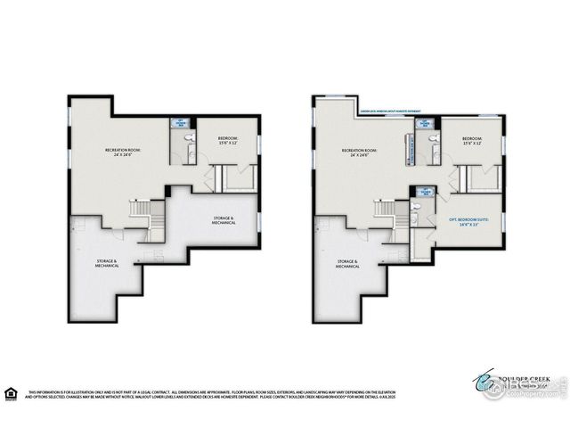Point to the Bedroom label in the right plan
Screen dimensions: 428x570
click(471, 141)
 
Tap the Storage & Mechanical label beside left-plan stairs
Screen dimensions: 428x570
click(224, 219)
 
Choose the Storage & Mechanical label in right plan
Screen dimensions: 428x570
click(346, 264)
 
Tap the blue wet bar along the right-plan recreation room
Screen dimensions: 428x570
click(411, 149)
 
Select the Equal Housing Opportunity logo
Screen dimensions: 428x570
click(11, 392)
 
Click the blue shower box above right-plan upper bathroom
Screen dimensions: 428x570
click(425, 123)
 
